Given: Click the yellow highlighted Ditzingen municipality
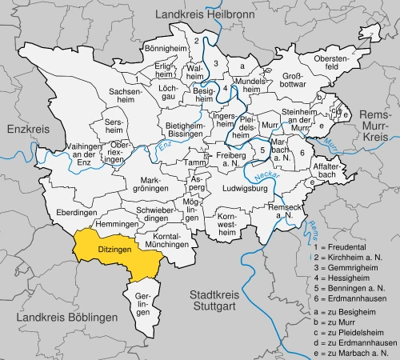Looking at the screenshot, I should (112, 250).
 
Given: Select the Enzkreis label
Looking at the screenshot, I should (27, 128).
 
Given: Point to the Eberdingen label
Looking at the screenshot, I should (77, 213).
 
